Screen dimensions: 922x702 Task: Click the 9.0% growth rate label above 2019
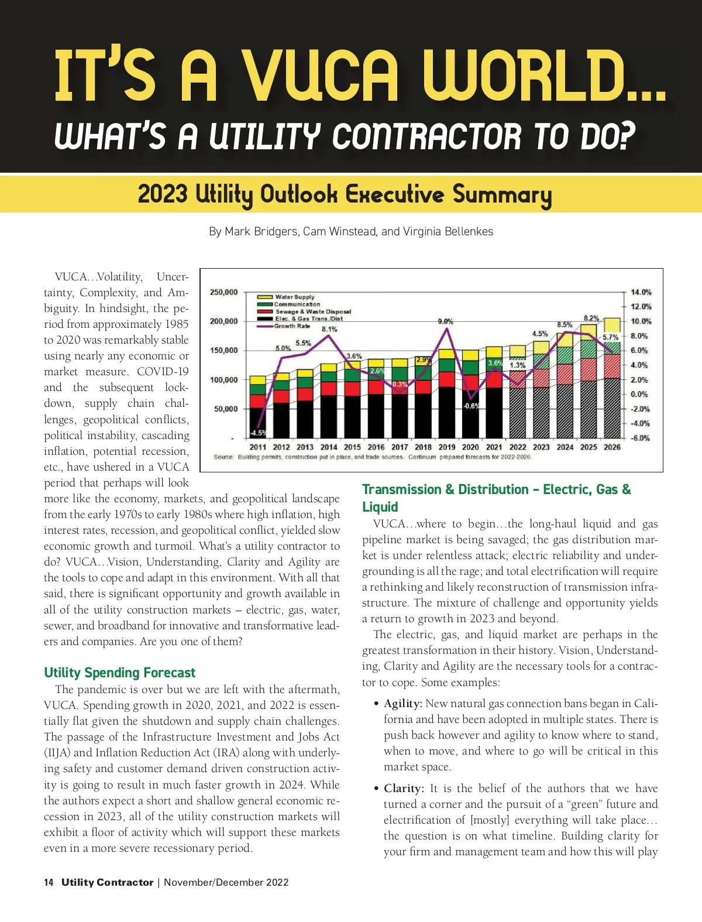click(445, 321)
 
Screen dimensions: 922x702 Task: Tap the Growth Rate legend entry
click(292, 326)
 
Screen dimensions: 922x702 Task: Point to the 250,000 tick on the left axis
click(223, 292)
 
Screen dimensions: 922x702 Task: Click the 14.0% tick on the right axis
click(641, 292)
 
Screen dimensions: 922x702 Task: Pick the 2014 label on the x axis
click(329, 447)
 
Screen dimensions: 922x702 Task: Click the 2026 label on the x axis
click(612, 447)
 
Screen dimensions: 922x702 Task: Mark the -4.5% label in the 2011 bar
click(257, 433)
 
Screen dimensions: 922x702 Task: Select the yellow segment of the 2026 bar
click(612, 325)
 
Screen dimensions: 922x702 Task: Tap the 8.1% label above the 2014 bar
click(329, 329)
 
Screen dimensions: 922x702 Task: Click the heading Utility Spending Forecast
click(119, 673)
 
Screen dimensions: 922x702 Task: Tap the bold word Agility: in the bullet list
click(403, 703)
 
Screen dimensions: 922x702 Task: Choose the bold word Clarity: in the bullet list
click(404, 788)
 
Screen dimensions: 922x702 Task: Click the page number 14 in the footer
click(49, 882)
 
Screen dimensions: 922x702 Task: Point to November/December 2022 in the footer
click(226, 882)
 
